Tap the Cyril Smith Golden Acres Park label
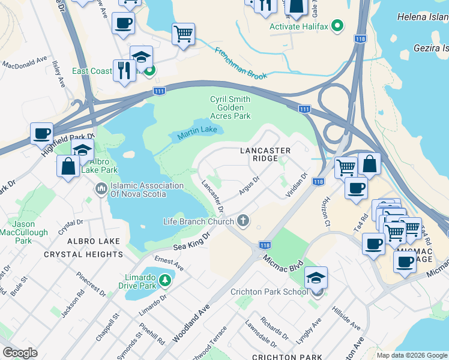coord(230,107)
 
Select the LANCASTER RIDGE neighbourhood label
coord(265,154)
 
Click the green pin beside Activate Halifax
coord(337,26)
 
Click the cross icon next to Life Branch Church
coord(244,221)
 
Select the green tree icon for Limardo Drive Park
coord(164,280)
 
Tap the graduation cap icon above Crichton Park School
coord(316,278)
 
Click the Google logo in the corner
coord(20,353)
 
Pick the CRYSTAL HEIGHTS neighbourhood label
coord(83,254)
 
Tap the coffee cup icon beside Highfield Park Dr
coord(42,133)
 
